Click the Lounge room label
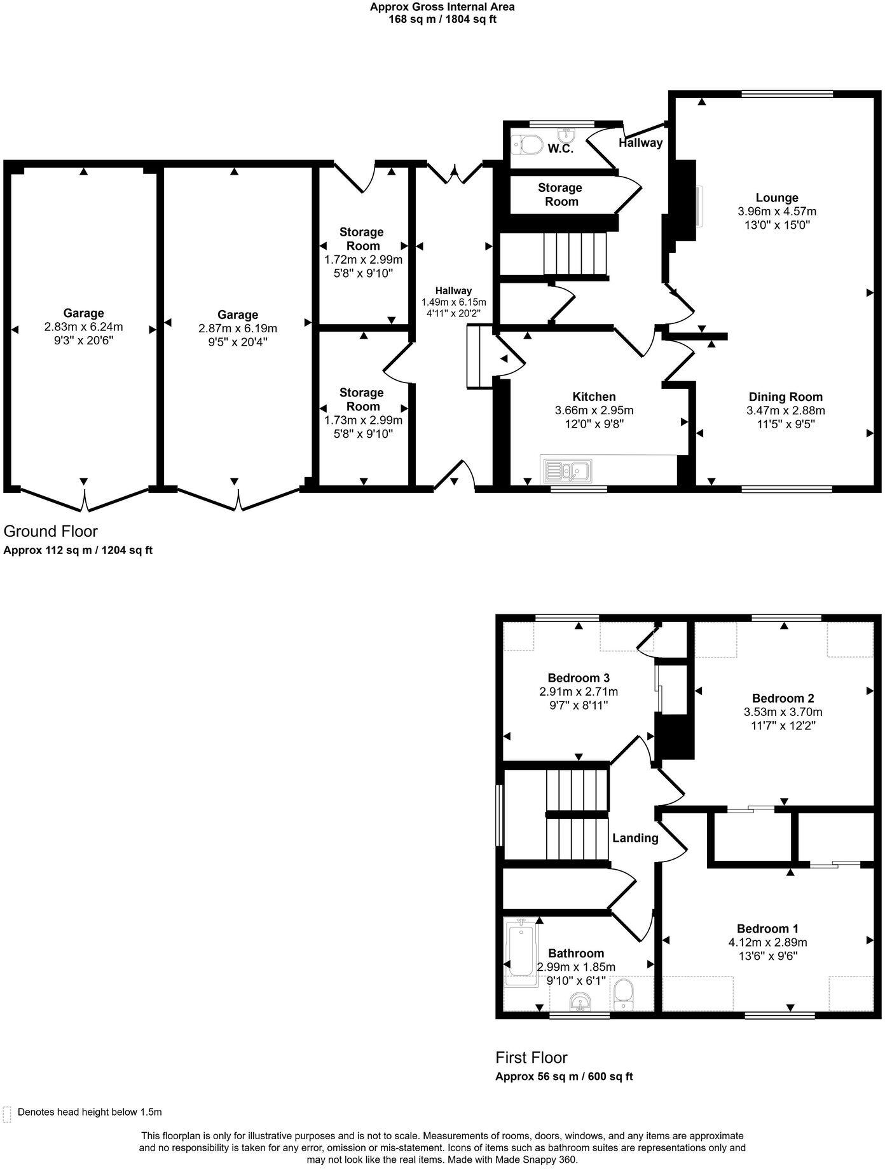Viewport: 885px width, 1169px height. pos(776,198)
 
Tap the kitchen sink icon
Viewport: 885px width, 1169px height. pos(567,471)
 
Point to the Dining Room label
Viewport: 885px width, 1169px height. pos(785,396)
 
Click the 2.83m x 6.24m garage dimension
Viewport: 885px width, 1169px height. pos(83,327)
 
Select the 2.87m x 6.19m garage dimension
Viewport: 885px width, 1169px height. pos(238,328)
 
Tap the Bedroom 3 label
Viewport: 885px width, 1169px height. pos(579,678)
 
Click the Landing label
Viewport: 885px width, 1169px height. pos(635,838)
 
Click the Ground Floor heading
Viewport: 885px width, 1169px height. pos(51,530)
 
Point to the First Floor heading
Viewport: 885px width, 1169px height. pos(531,1057)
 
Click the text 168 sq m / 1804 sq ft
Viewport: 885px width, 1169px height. pos(442,19)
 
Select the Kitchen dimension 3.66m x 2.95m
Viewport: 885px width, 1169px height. pos(594,410)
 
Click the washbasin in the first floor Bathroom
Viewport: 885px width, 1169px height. pos(580,1002)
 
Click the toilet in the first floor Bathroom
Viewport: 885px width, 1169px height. pos(623,994)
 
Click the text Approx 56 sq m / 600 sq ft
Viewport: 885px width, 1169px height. pos(564,1076)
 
